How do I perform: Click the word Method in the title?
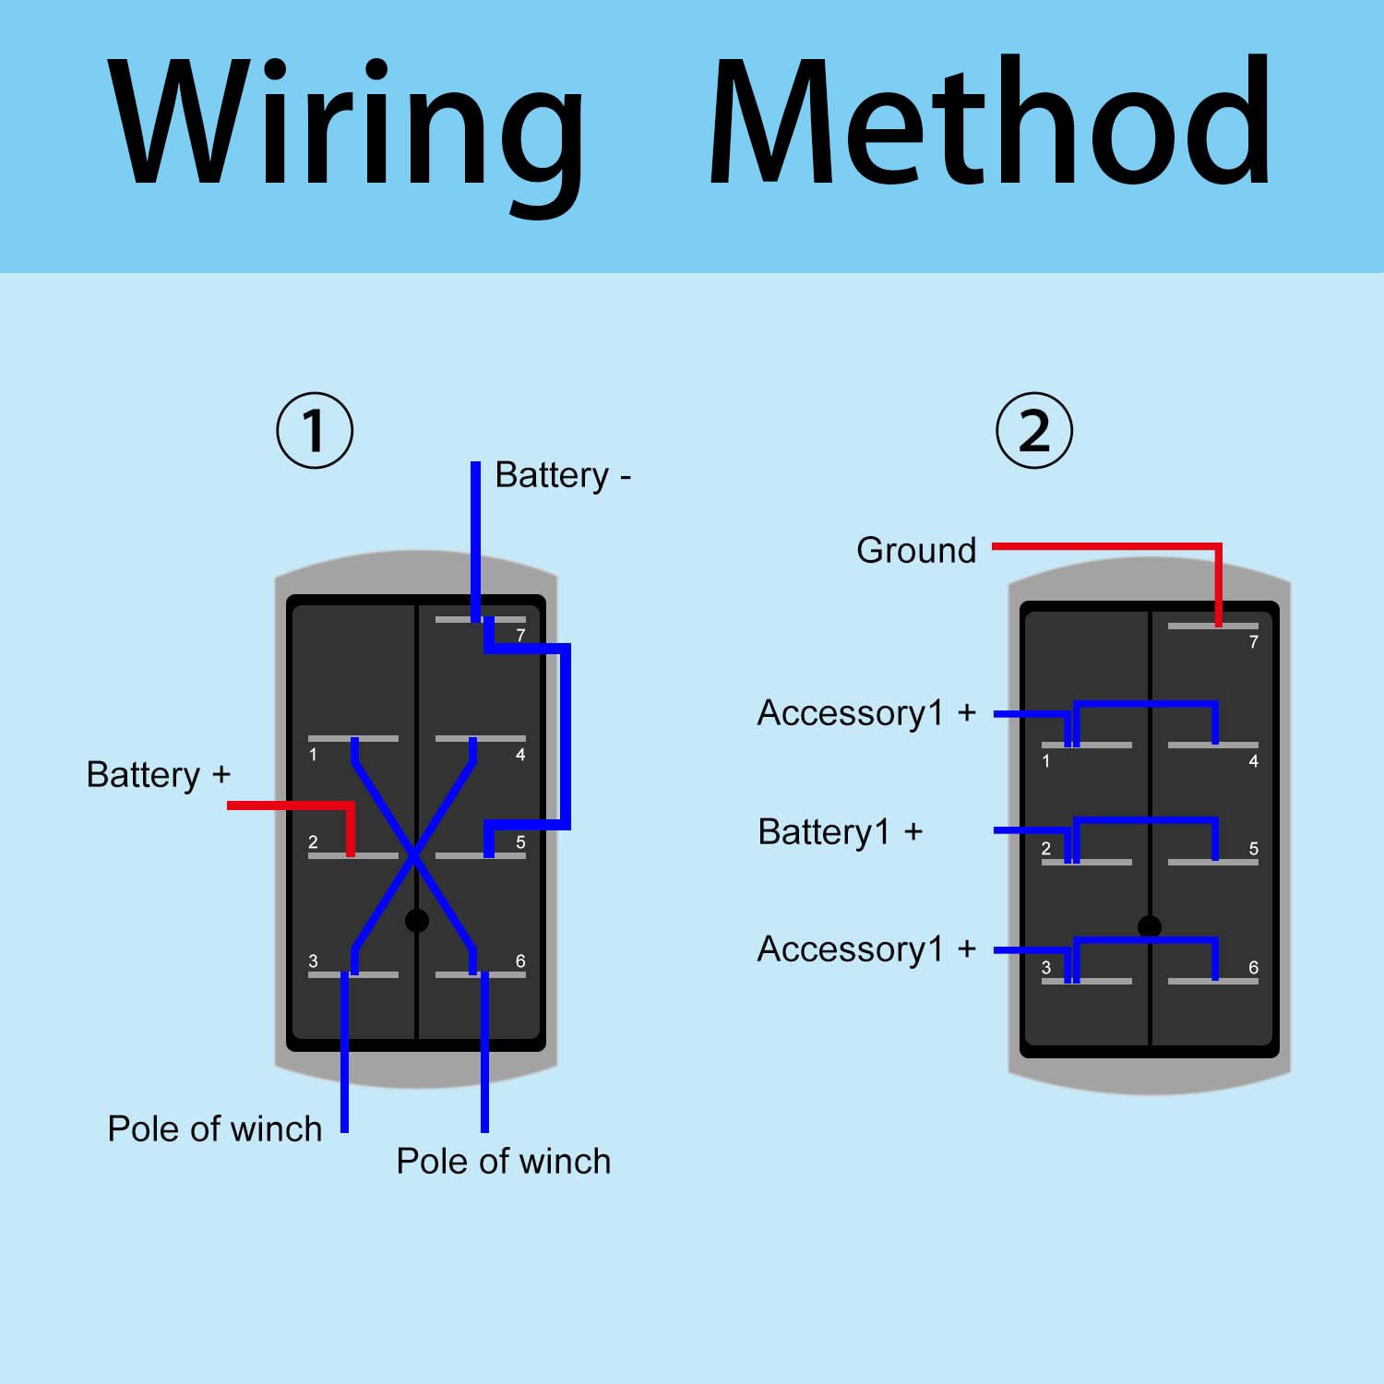pos(990,120)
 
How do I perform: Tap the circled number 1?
pos(315,431)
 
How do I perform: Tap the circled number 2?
pos(1034,431)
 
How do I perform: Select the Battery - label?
pos(563,475)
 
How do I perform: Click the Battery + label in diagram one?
pos(158,775)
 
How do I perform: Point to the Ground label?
pos(916,550)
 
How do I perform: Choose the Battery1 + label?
pos(840,832)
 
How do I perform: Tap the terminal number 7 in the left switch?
pos(520,636)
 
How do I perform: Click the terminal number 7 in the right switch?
pos(1253,642)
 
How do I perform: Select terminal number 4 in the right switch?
pos(1253,761)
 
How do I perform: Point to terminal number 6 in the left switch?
pos(520,961)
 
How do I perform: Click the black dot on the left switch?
pos(417,920)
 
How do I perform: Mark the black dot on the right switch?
pos(1150,926)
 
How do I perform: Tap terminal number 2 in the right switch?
pos(1045,849)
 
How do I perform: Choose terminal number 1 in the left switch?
pos(313,755)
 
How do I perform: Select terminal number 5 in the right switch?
pos(1253,849)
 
